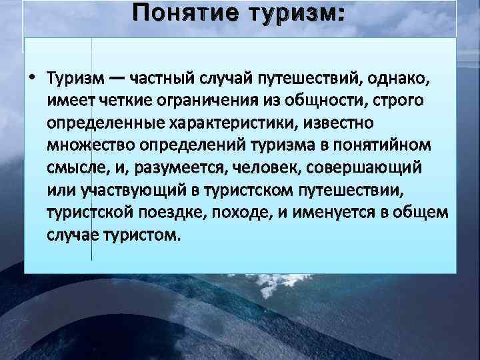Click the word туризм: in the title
(x=293, y=15)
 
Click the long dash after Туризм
(x=116, y=79)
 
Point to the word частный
(x=159, y=79)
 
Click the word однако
(x=400, y=79)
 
